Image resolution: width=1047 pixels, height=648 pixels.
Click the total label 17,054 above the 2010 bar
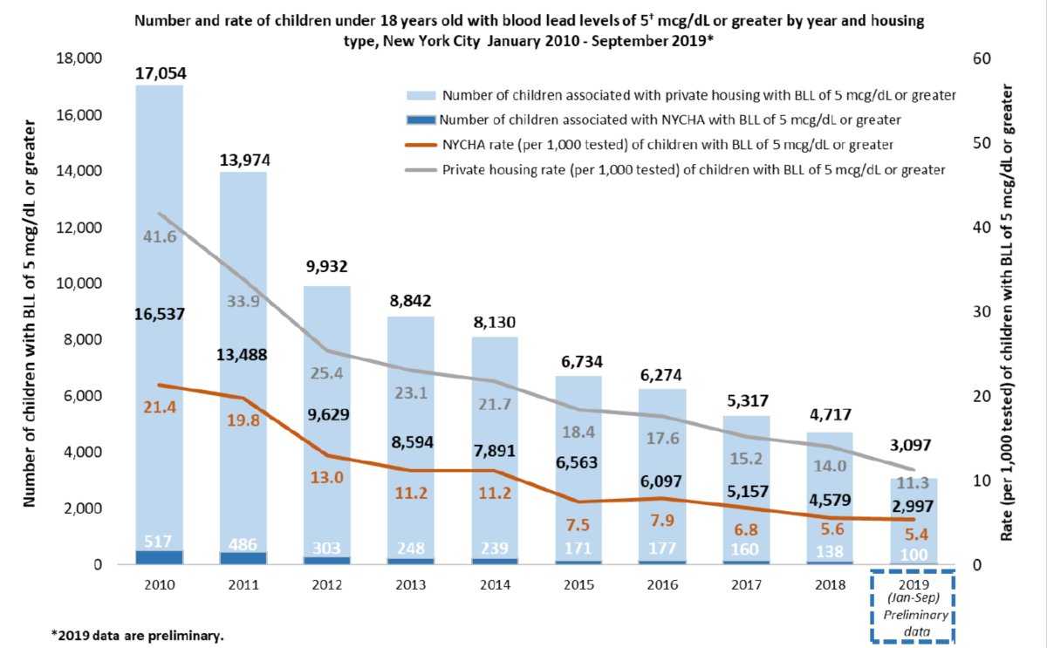(160, 74)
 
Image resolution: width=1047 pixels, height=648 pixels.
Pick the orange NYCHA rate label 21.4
(160, 408)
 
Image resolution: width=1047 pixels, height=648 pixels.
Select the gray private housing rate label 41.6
(160, 236)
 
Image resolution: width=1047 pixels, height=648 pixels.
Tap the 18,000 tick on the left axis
(79, 59)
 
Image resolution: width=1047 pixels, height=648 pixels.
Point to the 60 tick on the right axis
(982, 59)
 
